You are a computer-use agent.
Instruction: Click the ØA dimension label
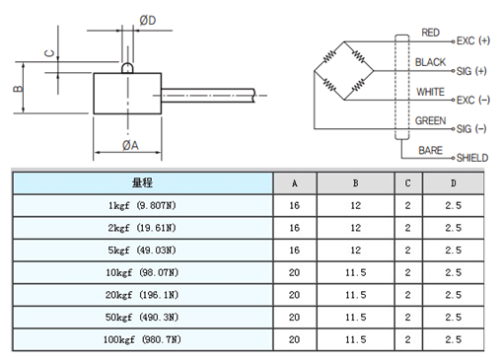[129, 145]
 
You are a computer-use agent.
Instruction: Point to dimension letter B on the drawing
[17, 89]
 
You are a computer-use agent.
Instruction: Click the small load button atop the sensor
[127, 68]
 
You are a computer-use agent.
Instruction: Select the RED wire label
[431, 33]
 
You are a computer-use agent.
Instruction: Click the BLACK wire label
[430, 62]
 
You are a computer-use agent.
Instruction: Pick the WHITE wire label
[430, 92]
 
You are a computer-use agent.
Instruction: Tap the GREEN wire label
[430, 121]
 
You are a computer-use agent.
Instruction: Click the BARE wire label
[430, 150]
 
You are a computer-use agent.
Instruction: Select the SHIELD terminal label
[471, 158]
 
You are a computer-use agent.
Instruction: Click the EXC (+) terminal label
[471, 41]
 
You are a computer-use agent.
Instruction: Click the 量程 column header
[142, 183]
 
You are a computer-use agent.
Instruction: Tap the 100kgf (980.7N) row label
[142, 339]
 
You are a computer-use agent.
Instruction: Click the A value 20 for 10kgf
[294, 272]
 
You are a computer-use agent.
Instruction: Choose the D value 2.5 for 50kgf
[453, 317]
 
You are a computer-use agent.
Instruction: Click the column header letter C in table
[408, 183]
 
